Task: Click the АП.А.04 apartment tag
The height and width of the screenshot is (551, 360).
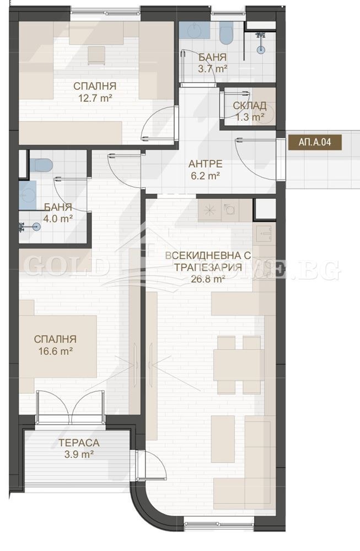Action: point(315,142)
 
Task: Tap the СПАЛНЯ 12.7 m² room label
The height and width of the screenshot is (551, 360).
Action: point(94,92)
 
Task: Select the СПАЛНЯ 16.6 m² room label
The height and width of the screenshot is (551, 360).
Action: point(55,345)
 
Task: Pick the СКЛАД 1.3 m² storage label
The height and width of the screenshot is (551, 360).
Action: point(250,111)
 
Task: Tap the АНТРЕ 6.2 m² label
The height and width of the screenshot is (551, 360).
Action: point(205,170)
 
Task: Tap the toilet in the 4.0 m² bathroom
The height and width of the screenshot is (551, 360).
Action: point(41,164)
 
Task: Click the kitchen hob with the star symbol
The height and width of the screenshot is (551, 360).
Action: point(209,209)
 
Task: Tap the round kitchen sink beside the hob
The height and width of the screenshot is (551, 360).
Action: point(230,209)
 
